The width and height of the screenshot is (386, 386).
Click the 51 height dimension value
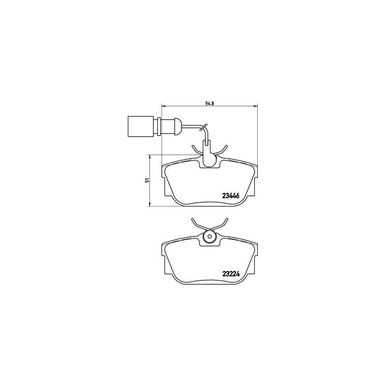(147, 180)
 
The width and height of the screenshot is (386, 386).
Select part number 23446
(231, 196)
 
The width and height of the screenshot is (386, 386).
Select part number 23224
(231, 274)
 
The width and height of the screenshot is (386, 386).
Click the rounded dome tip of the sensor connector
(178, 126)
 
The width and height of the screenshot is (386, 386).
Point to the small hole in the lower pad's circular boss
(210, 237)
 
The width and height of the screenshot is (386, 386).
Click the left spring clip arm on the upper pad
(197, 152)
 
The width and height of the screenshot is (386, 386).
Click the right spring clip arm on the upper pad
(222, 151)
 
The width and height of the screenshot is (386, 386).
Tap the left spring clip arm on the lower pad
(197, 224)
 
